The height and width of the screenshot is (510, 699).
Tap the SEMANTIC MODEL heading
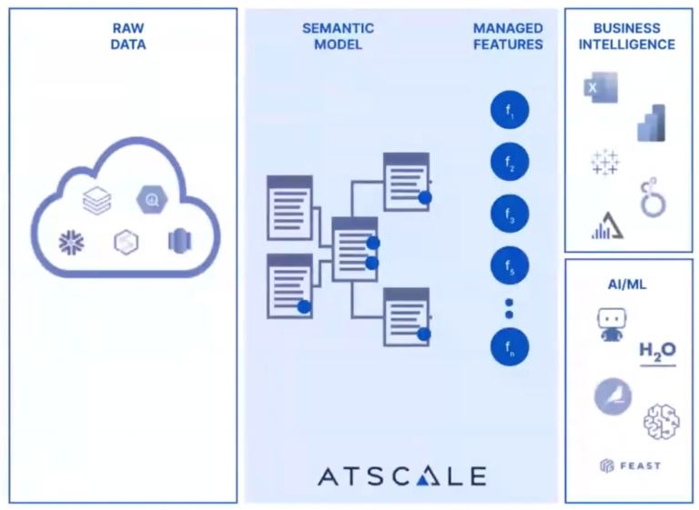[338, 35]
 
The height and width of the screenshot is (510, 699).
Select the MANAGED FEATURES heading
[508, 35]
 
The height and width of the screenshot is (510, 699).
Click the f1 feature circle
[510, 112]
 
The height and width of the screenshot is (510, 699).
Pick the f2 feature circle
[510, 163]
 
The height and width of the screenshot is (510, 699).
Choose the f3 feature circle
[510, 215]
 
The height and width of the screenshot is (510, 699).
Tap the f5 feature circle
[510, 266]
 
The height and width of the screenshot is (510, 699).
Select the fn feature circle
[510, 346]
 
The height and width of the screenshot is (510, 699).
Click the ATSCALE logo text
[401, 476]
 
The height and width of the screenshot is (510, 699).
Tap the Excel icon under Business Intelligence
[600, 87]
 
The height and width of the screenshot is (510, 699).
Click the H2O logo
[657, 352]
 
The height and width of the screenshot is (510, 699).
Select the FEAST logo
[630, 465]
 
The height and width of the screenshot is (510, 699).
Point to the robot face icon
[611, 324]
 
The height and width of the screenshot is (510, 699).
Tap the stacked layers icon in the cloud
[96, 200]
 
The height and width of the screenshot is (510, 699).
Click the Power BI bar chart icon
[652, 123]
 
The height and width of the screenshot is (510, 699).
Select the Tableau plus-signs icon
[604, 163]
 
